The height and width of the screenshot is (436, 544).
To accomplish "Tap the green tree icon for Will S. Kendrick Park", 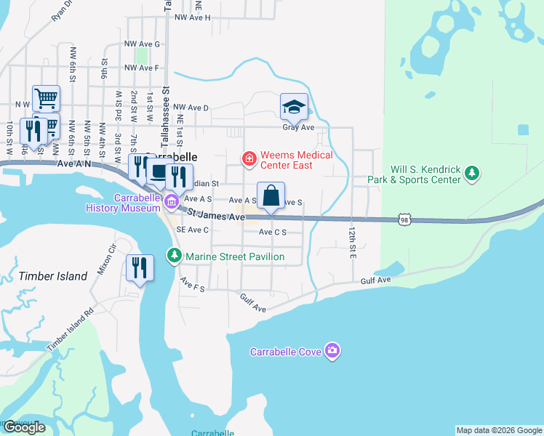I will (473, 173).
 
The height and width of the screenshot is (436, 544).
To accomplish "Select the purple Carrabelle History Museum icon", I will (171, 201).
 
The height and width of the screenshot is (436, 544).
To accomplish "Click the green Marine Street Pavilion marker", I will (175, 256).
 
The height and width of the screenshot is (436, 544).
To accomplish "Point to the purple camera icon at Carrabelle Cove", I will (332, 351).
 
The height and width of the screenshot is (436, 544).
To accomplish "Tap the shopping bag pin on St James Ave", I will (271, 197).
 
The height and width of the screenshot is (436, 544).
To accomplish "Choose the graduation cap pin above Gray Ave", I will (294, 108).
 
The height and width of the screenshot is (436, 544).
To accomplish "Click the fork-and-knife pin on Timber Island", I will (139, 267).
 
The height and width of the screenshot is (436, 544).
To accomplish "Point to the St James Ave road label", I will (217, 216).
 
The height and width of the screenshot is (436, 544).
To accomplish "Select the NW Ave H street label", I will (193, 17).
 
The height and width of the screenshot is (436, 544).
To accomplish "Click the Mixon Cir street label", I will (107, 262).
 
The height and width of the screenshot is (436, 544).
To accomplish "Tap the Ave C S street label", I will (273, 233).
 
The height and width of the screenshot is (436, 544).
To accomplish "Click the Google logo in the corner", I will (24, 427).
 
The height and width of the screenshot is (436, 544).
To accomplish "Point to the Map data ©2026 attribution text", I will (498, 430).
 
